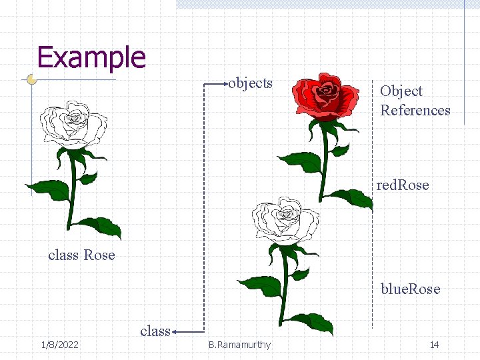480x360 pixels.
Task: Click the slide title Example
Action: (x=91, y=57)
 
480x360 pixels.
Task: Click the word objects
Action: (x=251, y=83)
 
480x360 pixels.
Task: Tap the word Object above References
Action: (x=401, y=91)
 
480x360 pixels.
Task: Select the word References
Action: (x=415, y=111)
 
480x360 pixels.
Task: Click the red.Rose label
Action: (x=403, y=185)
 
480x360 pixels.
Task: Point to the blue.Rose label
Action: (x=410, y=289)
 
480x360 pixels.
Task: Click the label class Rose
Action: (x=81, y=255)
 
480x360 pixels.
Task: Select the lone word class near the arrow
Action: (x=155, y=331)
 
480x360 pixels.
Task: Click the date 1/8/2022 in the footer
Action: (x=59, y=345)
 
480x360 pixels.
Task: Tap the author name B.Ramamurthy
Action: (x=239, y=345)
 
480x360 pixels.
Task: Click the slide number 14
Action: (x=434, y=345)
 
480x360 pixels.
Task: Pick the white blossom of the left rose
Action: (x=73, y=125)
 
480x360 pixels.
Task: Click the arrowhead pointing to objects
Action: (x=225, y=84)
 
